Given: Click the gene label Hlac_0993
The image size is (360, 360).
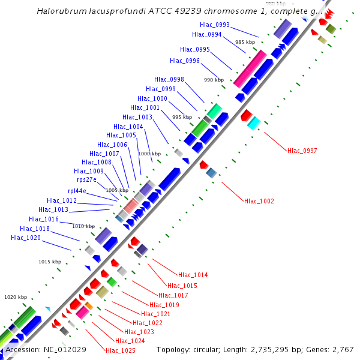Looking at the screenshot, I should (x=215, y=24).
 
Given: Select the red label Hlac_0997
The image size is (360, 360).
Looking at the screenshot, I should (x=302, y=151).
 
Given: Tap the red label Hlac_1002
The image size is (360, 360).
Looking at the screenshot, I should (x=259, y=201).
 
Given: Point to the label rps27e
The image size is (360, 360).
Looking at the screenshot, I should (x=86, y=179).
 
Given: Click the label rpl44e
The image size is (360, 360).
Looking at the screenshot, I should (x=77, y=191).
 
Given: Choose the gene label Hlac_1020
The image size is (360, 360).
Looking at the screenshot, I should (x=26, y=238).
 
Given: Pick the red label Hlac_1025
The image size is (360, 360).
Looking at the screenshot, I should (x=120, y=350).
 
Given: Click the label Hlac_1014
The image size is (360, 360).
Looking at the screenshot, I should (x=193, y=275).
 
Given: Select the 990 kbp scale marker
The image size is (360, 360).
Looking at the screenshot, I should (x=214, y=80).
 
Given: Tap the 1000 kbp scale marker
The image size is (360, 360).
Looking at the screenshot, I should (x=149, y=154).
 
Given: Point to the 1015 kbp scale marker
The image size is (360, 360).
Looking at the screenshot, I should (x=50, y=262).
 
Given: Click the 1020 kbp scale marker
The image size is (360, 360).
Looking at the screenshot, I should (x=16, y=297).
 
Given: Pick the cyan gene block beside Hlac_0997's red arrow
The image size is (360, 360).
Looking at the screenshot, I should (x=254, y=123).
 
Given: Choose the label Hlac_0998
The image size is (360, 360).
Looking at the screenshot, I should (x=169, y=79).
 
